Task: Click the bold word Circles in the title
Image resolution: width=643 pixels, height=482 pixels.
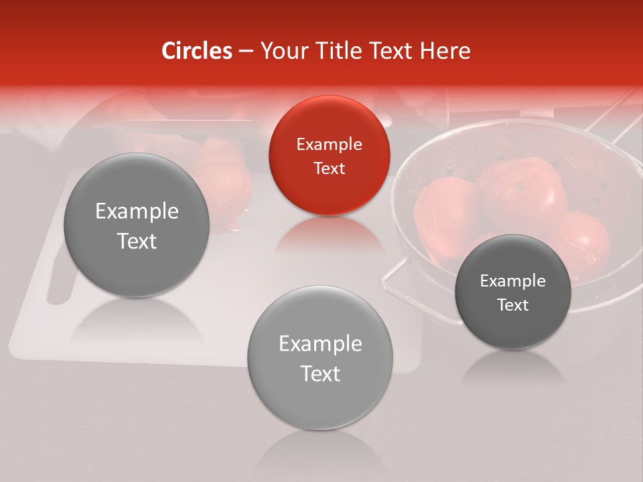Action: pyautogui.click(x=196, y=51)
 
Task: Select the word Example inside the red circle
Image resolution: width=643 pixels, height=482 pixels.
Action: pyautogui.click(x=329, y=144)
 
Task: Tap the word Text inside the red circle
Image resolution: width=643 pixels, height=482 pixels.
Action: pyautogui.click(x=329, y=168)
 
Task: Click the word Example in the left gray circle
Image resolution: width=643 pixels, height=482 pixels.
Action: pyautogui.click(x=137, y=212)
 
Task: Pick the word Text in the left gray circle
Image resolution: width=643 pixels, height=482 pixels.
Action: pyautogui.click(x=137, y=241)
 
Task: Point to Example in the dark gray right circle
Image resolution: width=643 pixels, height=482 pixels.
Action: pyautogui.click(x=513, y=281)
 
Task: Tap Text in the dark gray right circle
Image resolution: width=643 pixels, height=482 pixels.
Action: pyautogui.click(x=513, y=305)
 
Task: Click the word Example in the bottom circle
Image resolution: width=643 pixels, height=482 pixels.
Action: pyautogui.click(x=320, y=344)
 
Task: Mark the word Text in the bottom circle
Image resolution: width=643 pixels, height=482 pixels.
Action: pyautogui.click(x=320, y=374)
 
